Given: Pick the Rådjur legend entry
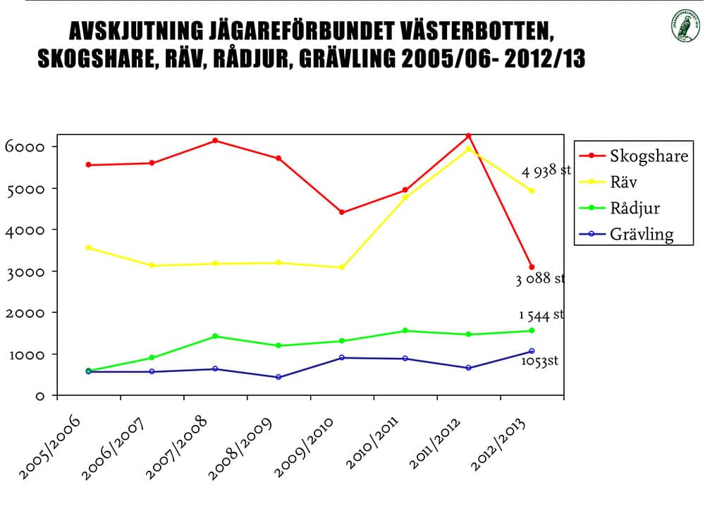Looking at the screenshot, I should click(x=634, y=208).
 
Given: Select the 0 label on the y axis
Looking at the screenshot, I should click(x=40, y=396).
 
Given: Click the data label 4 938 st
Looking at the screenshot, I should click(x=546, y=171).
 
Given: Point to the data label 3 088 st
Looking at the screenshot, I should click(x=540, y=279).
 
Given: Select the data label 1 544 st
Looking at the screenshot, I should click(x=541, y=315).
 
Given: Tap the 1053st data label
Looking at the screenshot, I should click(x=540, y=361).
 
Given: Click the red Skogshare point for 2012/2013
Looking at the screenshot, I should click(x=532, y=267).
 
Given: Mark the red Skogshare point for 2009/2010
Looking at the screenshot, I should click(x=342, y=212).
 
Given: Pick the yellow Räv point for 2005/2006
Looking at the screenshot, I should click(x=88, y=247).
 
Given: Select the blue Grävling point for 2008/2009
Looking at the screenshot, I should click(x=278, y=377).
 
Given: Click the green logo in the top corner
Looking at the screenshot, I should click(x=682, y=26).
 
